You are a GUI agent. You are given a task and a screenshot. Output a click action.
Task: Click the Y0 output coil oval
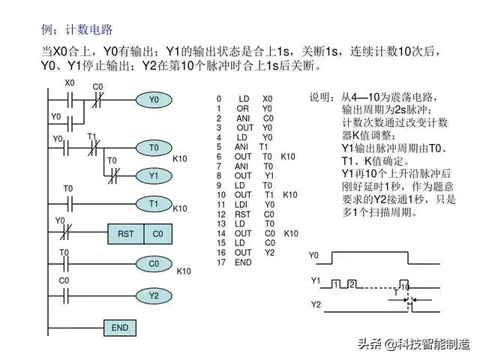pos(154,100)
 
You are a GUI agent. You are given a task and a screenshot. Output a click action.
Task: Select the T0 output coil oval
pos(154,148)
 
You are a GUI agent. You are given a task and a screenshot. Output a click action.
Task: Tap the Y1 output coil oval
pos(154,175)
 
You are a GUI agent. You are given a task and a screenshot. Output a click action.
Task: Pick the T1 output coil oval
pos(154,203)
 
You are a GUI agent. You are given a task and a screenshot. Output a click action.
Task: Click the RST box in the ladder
pos(125,234)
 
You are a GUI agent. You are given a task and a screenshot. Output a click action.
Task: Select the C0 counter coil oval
pos(154,263)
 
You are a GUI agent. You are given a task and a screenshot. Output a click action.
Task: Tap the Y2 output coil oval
pos(154,295)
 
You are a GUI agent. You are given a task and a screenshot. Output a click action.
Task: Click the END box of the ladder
pos(120,328)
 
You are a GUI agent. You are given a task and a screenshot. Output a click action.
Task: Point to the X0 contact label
pos(70,82)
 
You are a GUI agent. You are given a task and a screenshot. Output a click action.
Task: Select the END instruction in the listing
pos(243,263)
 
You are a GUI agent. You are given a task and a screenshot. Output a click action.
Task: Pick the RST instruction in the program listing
pos(243,214)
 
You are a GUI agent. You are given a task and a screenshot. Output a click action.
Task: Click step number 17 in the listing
pos(220,263)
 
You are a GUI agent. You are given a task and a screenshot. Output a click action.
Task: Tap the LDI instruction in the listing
pos(243,204)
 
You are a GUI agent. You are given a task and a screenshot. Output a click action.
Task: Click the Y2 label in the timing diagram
pos(316,305)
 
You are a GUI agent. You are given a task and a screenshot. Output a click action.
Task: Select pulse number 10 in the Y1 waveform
pos(404,287)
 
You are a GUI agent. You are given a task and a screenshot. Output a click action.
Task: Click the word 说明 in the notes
pos(320,98)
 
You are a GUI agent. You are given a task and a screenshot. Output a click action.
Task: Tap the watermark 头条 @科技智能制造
pos(413,344)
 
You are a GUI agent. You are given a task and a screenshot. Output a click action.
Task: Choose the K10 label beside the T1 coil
pos(180,208)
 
